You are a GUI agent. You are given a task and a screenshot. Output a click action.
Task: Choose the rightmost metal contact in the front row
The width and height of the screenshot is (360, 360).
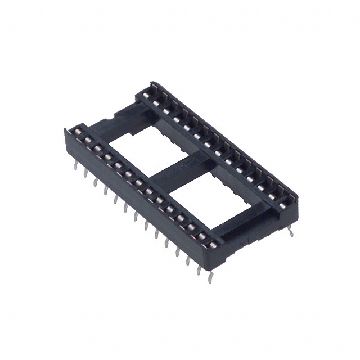[213, 244]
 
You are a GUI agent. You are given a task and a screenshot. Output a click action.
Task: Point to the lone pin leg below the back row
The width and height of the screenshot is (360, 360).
[291, 231]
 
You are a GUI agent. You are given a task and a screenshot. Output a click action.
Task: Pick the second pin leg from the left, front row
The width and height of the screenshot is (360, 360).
[85, 172]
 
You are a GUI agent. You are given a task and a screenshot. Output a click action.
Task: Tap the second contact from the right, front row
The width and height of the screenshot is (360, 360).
[202, 236]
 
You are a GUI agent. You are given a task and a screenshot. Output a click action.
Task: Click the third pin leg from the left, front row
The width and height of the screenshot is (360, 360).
[95, 179]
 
